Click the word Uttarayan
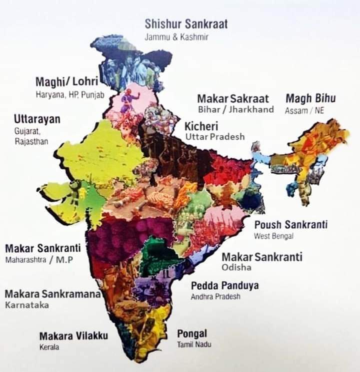pos(37,119)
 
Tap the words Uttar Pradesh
pos(215,136)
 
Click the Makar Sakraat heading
pos(232,98)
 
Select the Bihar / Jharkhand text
pos(236,109)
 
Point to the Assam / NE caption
pos(304,110)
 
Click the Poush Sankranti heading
pos(290,225)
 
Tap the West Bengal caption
pos(273,236)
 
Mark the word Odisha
pos(236,268)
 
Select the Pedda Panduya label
pos(224,286)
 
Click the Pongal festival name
pos(192,334)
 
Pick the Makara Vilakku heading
pos(73,336)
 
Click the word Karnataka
pos(27,305)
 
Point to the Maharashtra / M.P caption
pos(39,260)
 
